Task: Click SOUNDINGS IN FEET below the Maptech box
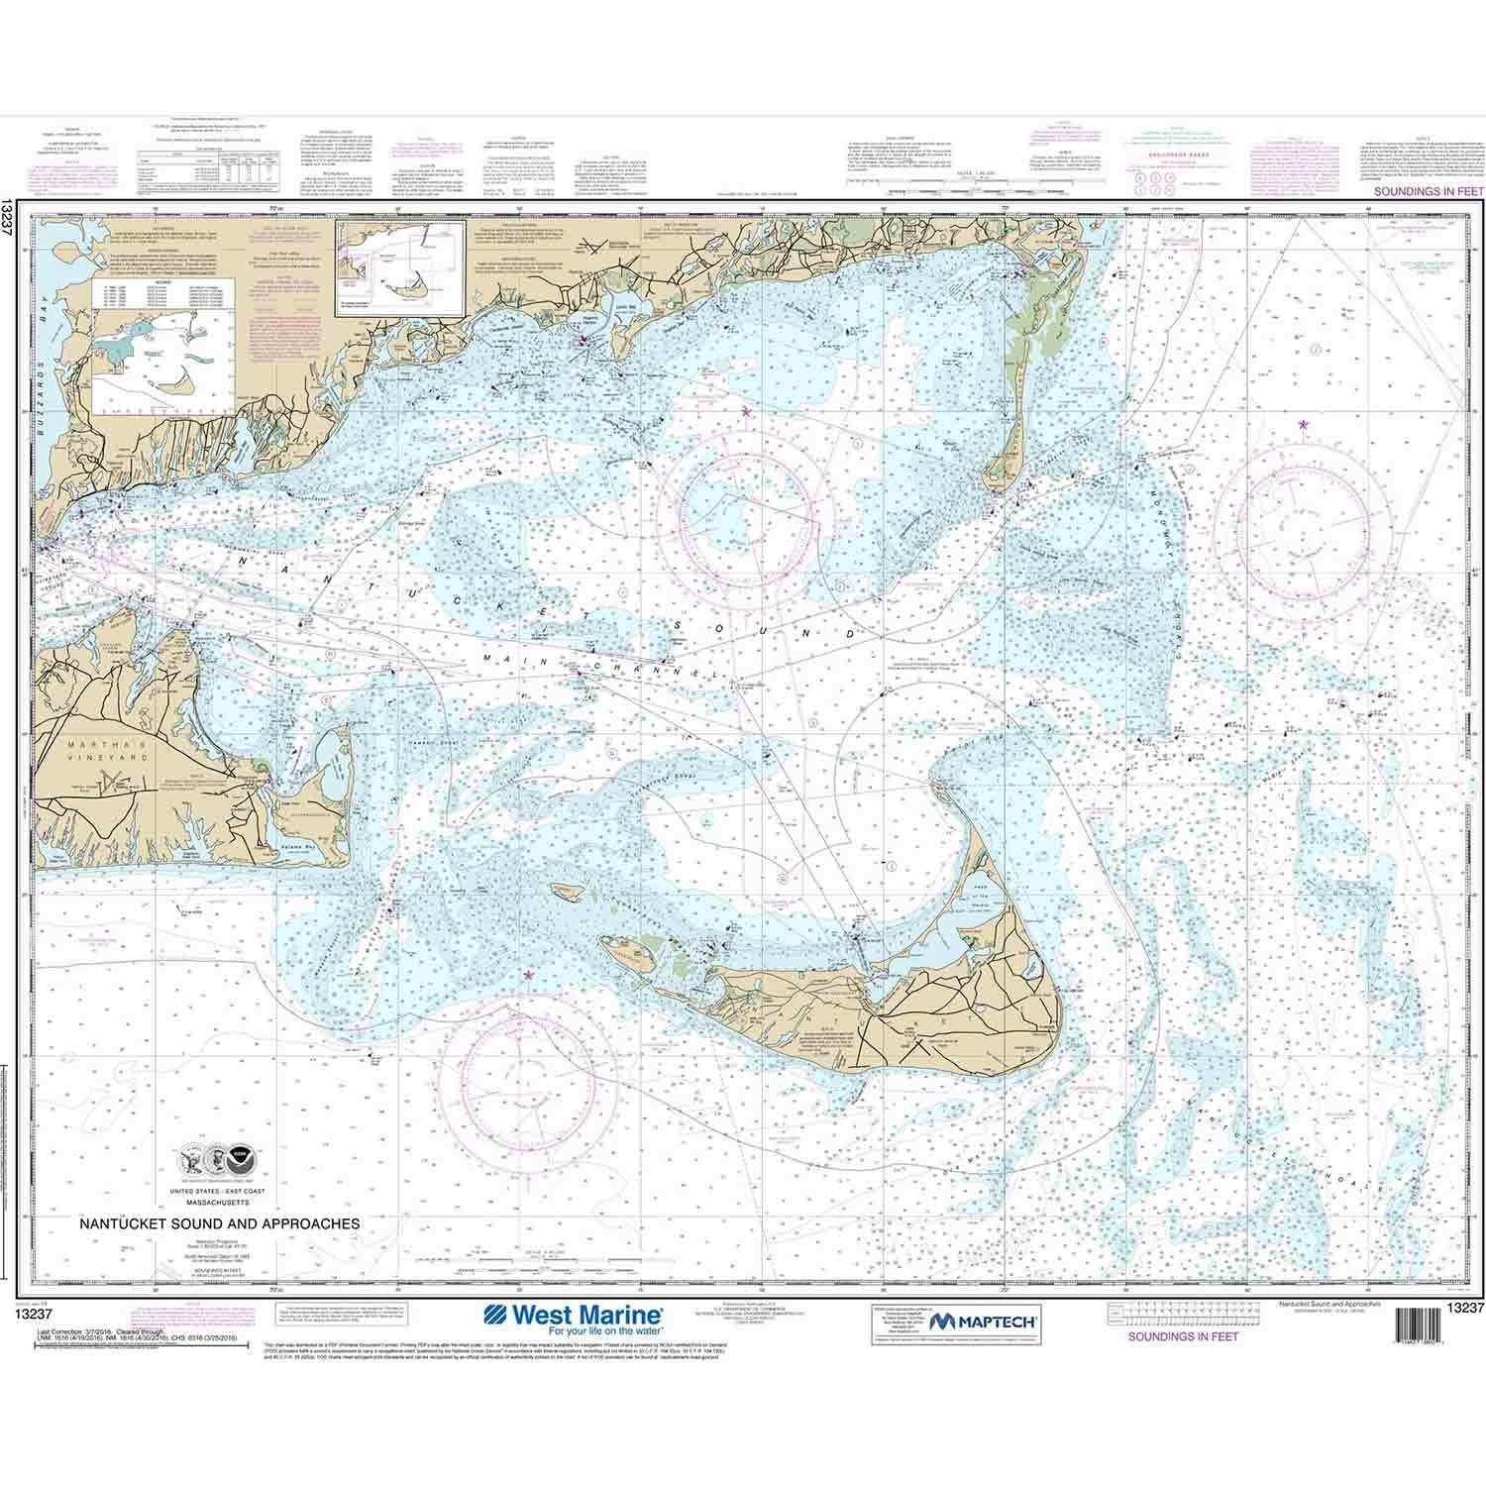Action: click(x=1183, y=1335)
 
